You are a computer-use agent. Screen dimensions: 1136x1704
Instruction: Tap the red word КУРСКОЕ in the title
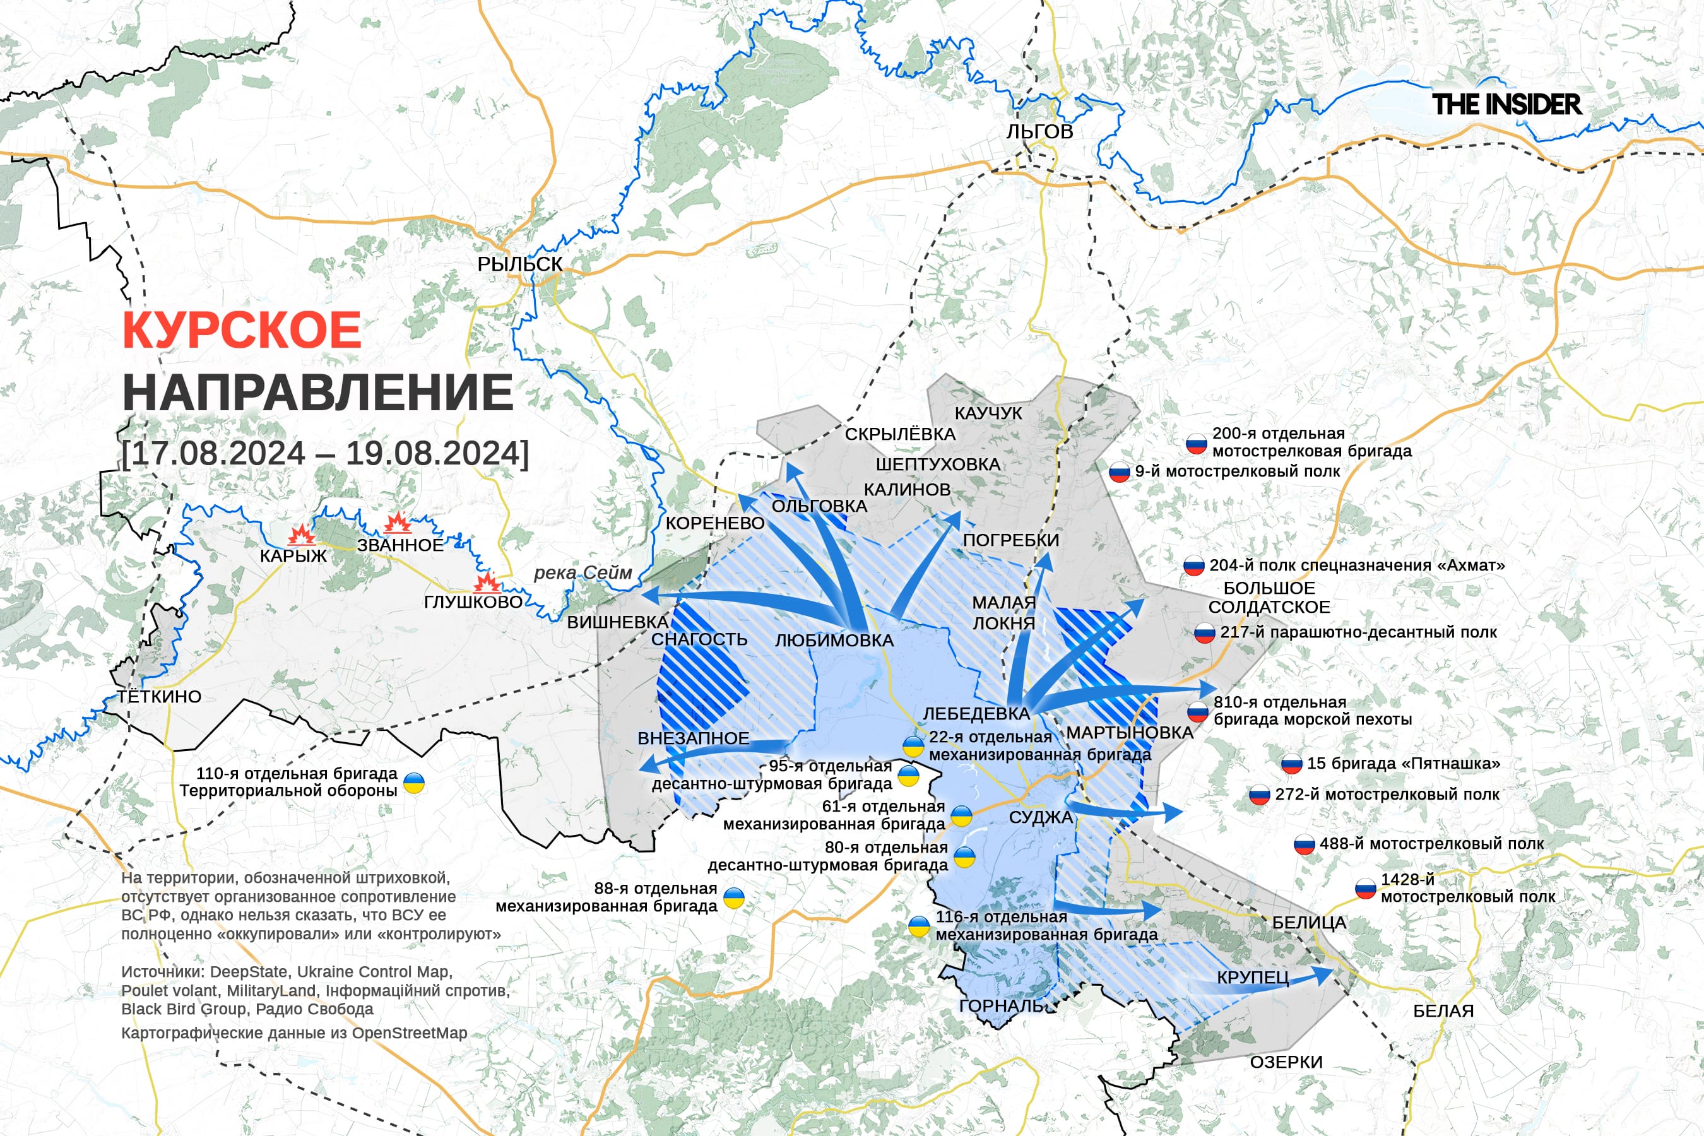coord(241,330)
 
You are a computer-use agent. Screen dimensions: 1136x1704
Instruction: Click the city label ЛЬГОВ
coord(1039,132)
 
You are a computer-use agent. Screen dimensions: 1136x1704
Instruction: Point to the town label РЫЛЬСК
coord(519,264)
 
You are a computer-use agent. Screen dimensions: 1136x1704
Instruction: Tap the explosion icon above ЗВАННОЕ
coord(398,523)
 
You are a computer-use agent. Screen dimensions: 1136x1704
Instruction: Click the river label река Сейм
coord(583,572)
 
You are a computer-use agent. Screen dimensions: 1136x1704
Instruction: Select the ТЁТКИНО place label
coord(160,696)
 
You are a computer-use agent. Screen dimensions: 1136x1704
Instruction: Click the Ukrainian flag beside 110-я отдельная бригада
coord(413,783)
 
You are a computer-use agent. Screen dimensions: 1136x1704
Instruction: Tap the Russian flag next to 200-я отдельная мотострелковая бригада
coord(1196,444)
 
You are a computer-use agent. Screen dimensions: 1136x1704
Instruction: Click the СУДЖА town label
coord(1040,818)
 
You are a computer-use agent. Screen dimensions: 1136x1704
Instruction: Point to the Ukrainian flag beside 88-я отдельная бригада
coord(734,898)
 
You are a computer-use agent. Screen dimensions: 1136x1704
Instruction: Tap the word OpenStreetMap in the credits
coord(410,1033)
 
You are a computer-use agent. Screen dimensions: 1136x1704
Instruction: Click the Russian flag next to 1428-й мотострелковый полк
coord(1365,889)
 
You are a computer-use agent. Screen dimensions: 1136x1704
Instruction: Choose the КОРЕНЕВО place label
coord(714,523)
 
